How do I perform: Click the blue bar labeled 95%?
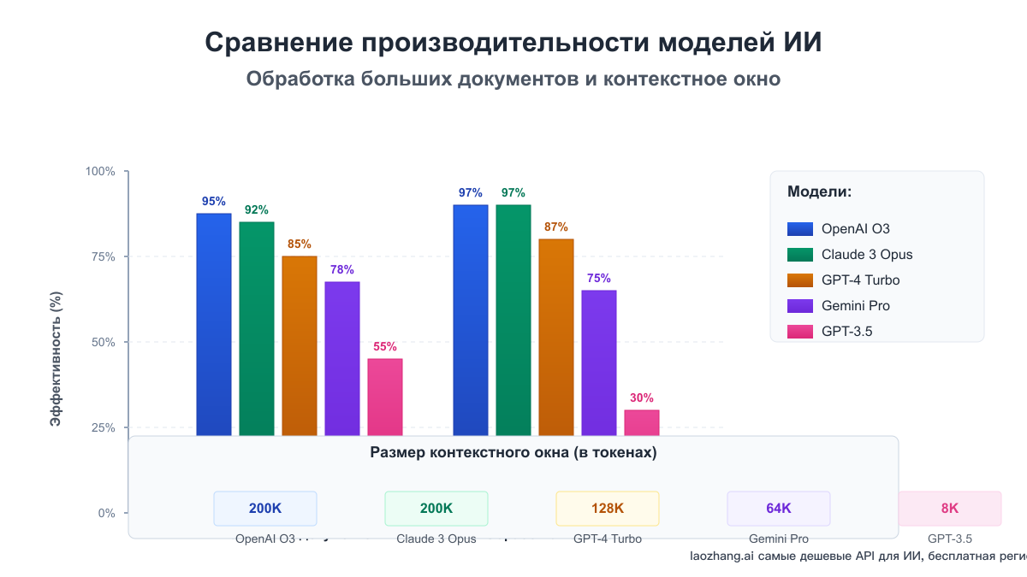tap(214, 325)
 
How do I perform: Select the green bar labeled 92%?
tap(257, 329)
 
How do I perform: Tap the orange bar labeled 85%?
tap(300, 346)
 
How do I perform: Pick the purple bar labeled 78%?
tap(342, 359)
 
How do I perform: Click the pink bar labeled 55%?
tap(385, 397)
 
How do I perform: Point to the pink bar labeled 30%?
tap(642, 423)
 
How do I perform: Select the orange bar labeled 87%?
tap(556, 338)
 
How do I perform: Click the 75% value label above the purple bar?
tap(599, 279)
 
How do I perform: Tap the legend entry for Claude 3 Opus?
tap(867, 255)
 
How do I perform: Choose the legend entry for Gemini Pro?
tap(861, 306)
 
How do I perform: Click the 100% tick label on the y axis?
tap(101, 171)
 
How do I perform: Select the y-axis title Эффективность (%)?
tap(56, 359)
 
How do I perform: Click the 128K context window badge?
tap(608, 509)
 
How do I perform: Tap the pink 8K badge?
tap(950, 509)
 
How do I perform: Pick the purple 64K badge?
tap(779, 509)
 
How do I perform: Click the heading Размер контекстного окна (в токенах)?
tap(513, 453)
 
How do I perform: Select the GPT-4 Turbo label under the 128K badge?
tap(608, 539)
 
